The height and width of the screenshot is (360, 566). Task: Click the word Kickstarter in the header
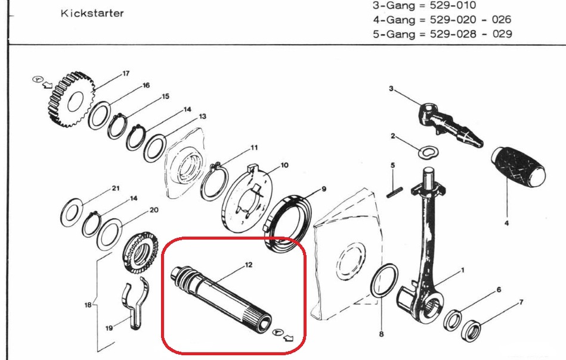click(x=92, y=13)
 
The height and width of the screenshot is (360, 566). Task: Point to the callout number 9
click(x=324, y=190)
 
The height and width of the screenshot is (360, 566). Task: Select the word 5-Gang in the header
click(x=392, y=34)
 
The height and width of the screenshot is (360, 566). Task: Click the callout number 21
click(x=116, y=188)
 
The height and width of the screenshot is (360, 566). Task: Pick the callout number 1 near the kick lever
click(x=461, y=270)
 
